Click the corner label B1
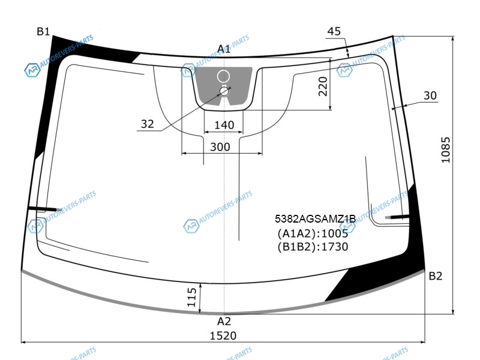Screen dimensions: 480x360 coord(43,32)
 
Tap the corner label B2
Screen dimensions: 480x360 coord(436,276)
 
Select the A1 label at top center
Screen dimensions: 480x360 coord(224,49)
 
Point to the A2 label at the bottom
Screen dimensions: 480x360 coord(224,322)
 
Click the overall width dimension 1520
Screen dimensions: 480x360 coord(223,336)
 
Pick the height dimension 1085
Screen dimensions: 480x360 coord(446,149)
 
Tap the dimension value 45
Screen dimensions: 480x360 coord(334,31)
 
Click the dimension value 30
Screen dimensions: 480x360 coord(430,95)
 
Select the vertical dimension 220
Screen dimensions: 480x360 coord(323,86)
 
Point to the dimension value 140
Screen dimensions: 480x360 coord(224,125)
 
